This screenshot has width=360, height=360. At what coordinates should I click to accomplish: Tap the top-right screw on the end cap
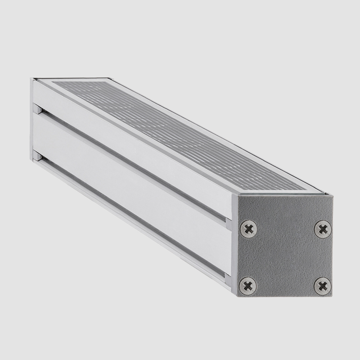pos(322,229)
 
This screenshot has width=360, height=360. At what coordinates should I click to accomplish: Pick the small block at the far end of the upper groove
pos(39,109)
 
